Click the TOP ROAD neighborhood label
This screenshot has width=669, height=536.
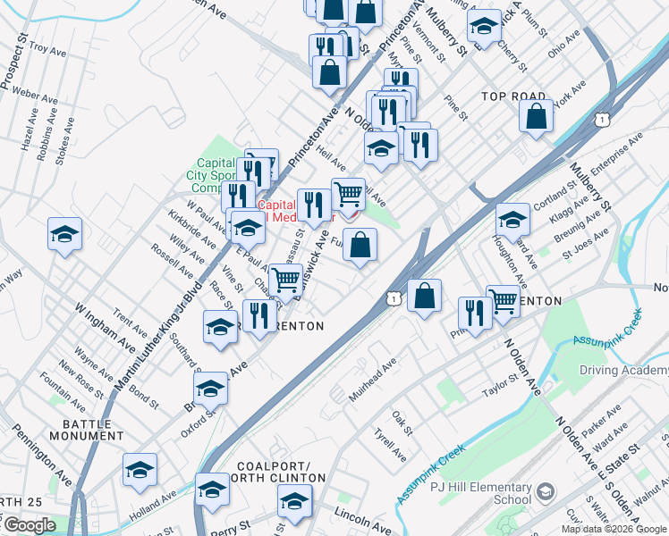pyautogui.click(x=512, y=96)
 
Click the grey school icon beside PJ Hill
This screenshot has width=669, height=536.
pyautogui.click(x=546, y=491)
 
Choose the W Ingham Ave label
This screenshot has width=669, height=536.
pyautogui.click(x=105, y=328)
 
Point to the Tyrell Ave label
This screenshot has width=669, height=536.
pyautogui.click(x=391, y=444)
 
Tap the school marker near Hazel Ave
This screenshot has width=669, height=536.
pyautogui.click(x=65, y=234)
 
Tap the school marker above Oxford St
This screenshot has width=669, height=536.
pyautogui.click(x=211, y=389)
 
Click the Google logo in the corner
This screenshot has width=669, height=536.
pyautogui.click(x=29, y=525)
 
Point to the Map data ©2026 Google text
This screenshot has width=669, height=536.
pyautogui.click(x=614, y=529)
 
